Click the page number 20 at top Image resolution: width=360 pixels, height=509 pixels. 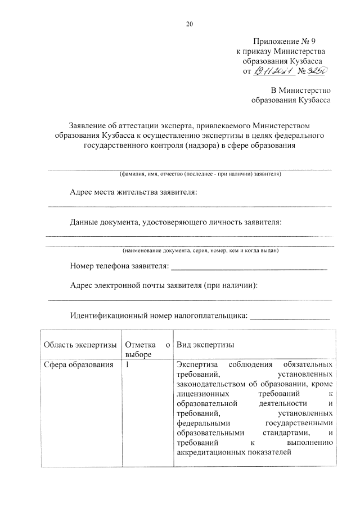[x=189, y=24]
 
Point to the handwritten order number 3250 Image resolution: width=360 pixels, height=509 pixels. [x=318, y=71]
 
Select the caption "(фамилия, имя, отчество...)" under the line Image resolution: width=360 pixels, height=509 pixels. [x=200, y=174]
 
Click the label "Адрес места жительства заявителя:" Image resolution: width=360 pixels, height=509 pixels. [x=134, y=192]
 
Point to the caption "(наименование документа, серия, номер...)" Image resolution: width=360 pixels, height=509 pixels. [x=200, y=250]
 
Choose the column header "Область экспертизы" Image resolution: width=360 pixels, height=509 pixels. [x=80, y=344]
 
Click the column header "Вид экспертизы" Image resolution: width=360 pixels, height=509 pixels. [x=205, y=344]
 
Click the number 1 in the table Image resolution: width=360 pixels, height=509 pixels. [x=128, y=364]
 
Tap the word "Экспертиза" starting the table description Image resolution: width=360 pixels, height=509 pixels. [x=196, y=364]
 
